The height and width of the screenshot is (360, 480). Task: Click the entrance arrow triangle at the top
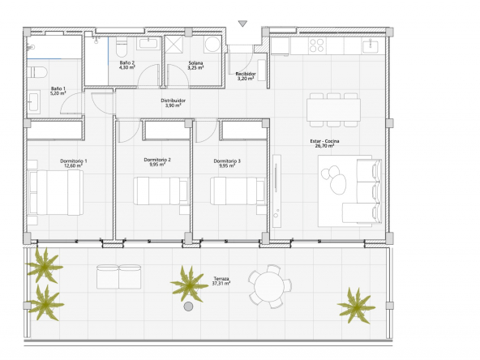tap(242, 24)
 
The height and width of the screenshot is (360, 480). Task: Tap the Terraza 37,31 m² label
tap(221, 281)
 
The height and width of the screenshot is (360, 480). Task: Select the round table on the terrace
tap(270, 286)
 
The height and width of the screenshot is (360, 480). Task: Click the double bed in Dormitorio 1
tap(56, 192)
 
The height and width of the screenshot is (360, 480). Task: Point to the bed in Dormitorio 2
tap(161, 191)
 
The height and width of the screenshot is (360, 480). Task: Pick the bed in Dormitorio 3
tap(238, 191)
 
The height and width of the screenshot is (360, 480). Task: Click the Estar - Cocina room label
tap(324, 144)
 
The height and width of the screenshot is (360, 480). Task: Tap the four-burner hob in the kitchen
tap(316, 45)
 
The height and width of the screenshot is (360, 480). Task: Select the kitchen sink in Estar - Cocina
tap(370, 46)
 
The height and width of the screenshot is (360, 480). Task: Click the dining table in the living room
tap(334, 109)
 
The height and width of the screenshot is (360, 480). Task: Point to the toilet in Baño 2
tap(122, 47)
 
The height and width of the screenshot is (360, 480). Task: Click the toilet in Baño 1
tap(37, 72)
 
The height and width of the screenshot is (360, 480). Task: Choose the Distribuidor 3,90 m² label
tap(174, 103)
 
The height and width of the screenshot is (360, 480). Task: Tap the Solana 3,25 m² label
tap(195, 65)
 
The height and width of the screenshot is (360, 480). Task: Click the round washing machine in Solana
tap(212, 45)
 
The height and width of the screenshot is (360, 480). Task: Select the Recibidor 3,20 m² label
tap(246, 76)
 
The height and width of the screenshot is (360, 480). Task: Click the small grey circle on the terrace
tap(188, 306)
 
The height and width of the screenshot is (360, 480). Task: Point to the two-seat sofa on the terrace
tap(118, 276)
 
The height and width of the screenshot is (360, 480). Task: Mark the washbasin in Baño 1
tap(34, 101)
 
